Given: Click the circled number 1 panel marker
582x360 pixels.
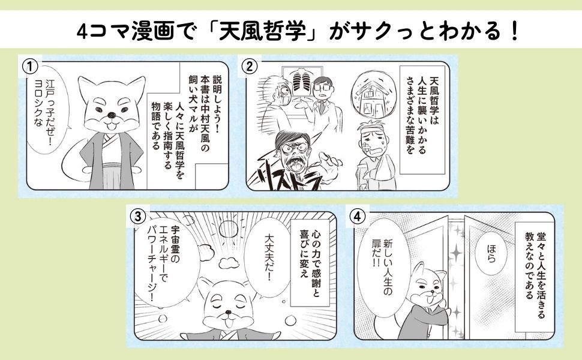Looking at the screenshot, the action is click(30, 67).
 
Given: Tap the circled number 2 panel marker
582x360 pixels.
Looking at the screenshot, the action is click(249, 67).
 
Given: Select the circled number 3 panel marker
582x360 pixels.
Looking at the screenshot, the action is click(138, 217).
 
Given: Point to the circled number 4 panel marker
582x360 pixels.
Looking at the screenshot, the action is click(358, 217).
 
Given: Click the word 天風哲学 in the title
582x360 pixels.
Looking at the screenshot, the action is click(262, 32).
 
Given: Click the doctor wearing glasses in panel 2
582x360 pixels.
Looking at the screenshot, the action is click(323, 104).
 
